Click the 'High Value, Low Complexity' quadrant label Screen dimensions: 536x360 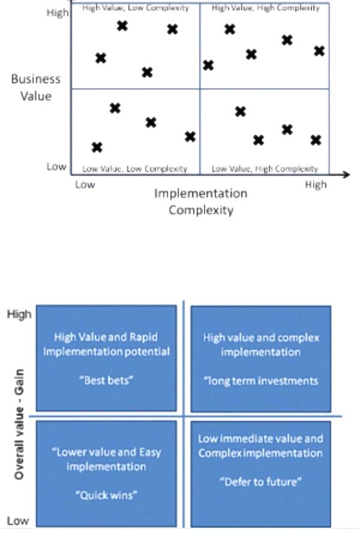click(x=135, y=8)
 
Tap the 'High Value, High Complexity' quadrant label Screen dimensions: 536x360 click(x=265, y=8)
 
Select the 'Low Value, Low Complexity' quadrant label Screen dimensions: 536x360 click(x=135, y=169)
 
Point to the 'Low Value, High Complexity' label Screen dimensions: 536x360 click(x=265, y=169)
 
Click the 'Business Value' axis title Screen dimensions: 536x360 click(x=36, y=87)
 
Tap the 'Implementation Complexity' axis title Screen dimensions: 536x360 click(x=200, y=201)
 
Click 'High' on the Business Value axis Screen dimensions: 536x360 click(x=58, y=13)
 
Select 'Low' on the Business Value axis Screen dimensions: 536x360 click(x=56, y=166)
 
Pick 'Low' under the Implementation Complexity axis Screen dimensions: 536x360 click(x=85, y=185)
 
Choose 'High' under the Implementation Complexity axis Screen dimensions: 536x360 click(x=316, y=185)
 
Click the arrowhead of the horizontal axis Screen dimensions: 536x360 click(x=346, y=174)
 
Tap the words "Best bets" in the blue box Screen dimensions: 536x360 click(x=106, y=381)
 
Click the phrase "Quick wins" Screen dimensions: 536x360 click(x=106, y=495)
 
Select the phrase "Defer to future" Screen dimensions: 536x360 click(x=260, y=481)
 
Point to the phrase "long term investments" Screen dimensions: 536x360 click(x=260, y=381)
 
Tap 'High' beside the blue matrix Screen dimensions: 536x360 click(x=19, y=314)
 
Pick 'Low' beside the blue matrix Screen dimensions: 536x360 click(x=17, y=520)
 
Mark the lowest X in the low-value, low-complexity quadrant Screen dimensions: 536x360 click(x=97, y=147)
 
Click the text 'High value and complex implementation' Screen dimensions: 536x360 click(x=260, y=345)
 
